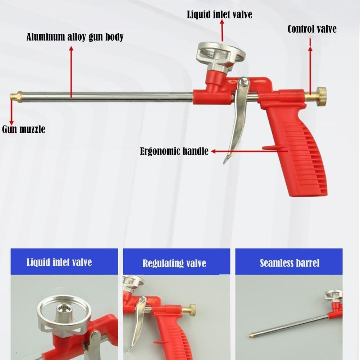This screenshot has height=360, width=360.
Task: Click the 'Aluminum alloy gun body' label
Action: tap(75, 37)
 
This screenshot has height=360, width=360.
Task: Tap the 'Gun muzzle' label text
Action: tap(24, 129)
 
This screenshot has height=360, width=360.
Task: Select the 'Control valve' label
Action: tap(312, 29)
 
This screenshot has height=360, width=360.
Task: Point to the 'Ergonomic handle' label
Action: tap(174, 151)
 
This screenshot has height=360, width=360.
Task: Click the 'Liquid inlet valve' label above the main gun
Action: tap(219, 15)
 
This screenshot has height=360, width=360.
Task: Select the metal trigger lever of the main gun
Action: tap(238, 122)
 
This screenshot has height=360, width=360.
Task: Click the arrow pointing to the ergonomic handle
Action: tap(248, 151)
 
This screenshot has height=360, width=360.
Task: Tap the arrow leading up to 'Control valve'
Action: tap(311, 65)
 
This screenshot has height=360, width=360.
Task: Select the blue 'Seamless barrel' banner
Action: tap(289, 262)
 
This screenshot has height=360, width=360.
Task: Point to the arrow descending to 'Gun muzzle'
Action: tap(12, 113)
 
